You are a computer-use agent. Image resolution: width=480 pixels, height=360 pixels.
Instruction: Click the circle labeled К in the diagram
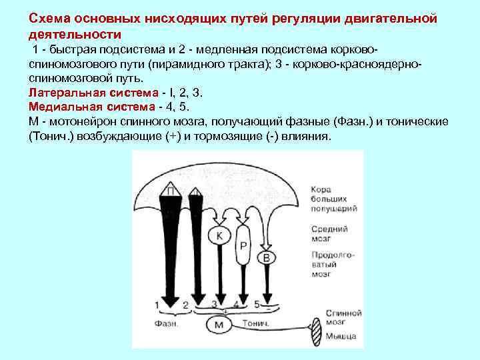tap(219, 235)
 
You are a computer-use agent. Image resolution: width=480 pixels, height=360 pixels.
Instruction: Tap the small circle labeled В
tap(267, 257)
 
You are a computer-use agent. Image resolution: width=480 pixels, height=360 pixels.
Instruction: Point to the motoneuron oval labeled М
tap(219, 324)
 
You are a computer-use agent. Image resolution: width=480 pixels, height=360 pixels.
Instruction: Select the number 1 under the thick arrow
tap(157, 305)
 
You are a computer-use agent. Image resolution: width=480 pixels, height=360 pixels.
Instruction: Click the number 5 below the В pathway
tap(257, 305)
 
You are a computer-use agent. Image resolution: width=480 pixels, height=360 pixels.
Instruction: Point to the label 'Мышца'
tap(341, 335)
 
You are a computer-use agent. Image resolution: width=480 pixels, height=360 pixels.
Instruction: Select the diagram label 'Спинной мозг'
tap(343, 317)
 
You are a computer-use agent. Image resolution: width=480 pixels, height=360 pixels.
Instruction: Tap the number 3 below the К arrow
tap(215, 305)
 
